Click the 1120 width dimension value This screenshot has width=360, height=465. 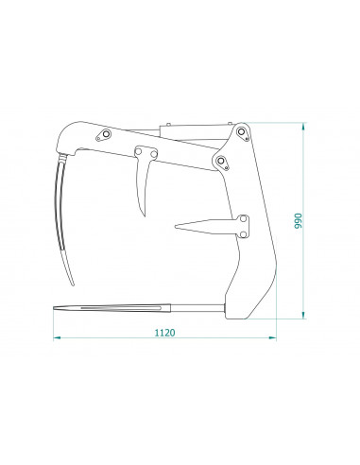coord(164,333)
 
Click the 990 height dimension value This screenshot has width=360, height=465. coord(298,221)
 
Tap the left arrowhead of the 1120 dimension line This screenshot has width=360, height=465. coord(57,337)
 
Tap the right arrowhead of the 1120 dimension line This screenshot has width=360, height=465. coord(272,337)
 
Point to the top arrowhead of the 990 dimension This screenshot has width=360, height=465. coord(303,127)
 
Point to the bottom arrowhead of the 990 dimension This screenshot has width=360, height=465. coord(303,315)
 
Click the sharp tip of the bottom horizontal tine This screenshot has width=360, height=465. coord(54,308)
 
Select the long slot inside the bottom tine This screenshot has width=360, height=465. coord(121,308)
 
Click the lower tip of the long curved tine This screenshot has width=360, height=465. coord(73,284)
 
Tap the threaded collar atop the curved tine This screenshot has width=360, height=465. coord(63,157)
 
